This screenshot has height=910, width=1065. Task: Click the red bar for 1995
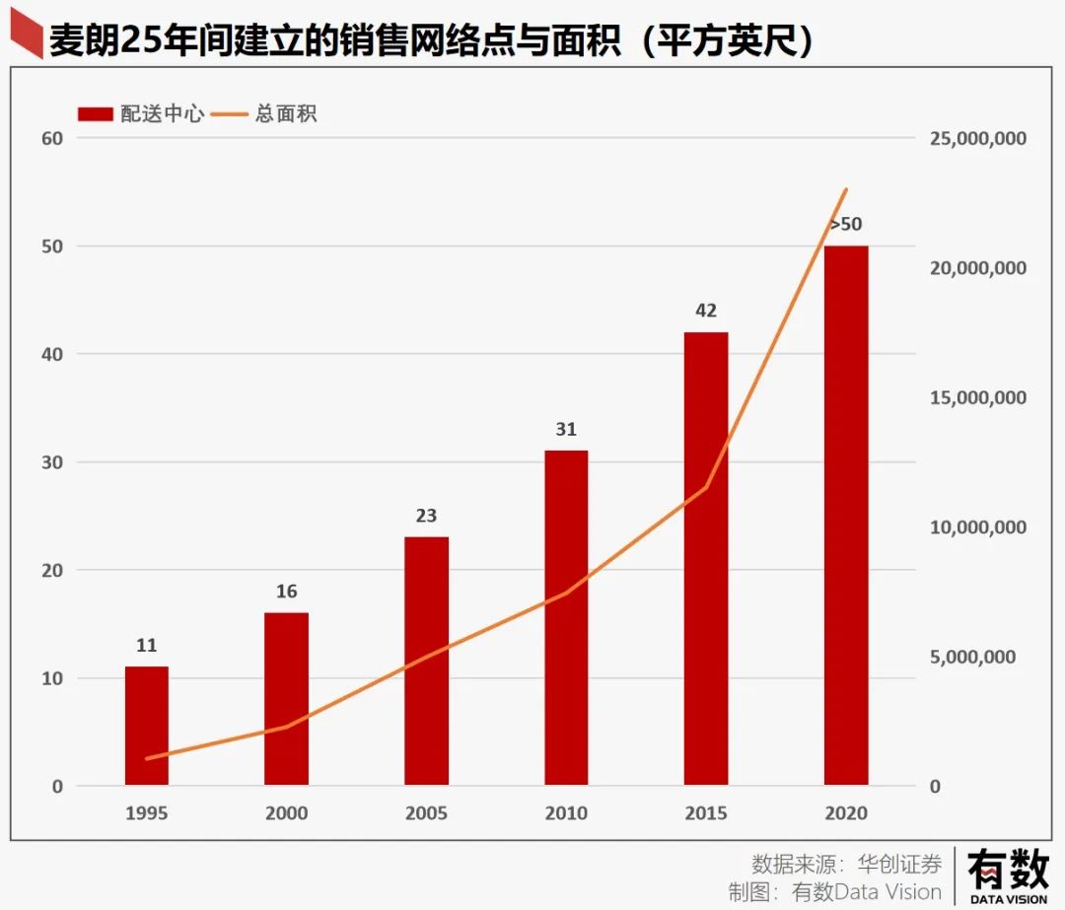coord(146,726)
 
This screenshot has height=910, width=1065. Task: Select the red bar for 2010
coord(566,617)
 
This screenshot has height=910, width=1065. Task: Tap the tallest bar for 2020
coord(846,515)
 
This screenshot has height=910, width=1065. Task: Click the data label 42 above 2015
coord(706,311)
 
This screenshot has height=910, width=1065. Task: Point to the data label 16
coord(286,592)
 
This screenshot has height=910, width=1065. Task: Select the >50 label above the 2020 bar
coord(846,225)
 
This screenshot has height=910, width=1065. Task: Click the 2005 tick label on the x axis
coord(426,813)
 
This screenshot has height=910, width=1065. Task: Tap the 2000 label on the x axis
coord(286,813)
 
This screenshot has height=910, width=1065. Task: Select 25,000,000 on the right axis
coord(977,138)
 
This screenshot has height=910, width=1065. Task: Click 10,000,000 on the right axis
coord(977,527)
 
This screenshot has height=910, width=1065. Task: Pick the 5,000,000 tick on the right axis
coord(972,658)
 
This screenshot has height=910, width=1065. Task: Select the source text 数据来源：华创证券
coord(846,864)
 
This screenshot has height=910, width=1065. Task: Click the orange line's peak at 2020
coord(846,189)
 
